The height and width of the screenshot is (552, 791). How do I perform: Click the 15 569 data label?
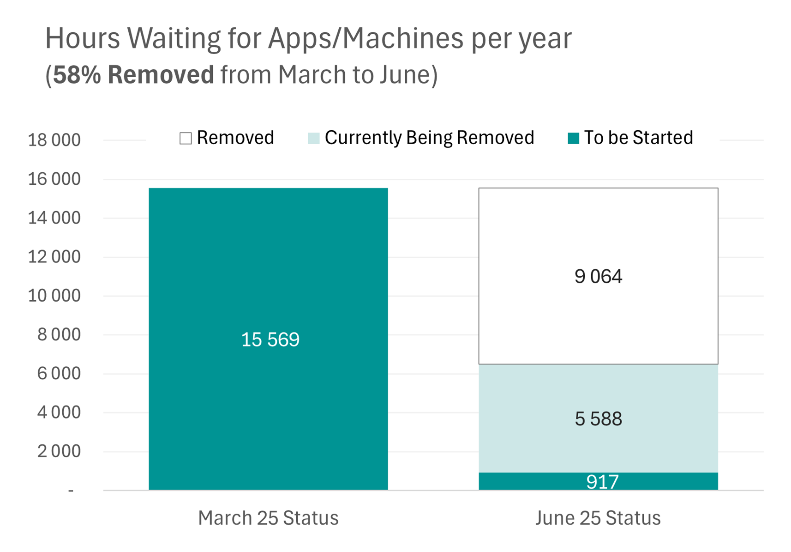pyautogui.click(x=270, y=340)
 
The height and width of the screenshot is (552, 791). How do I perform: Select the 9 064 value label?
pyautogui.click(x=598, y=276)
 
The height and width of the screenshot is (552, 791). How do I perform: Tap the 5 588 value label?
pyautogui.click(x=598, y=419)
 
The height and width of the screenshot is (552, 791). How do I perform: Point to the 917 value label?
pyautogui.click(x=602, y=482)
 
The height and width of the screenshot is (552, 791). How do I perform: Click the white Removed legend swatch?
pyautogui.click(x=186, y=138)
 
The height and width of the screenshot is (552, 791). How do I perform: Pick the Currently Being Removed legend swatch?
pyautogui.click(x=313, y=138)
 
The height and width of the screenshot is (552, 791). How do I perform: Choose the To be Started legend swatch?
pyautogui.click(x=574, y=138)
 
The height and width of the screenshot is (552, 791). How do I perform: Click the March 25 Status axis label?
pyautogui.click(x=269, y=518)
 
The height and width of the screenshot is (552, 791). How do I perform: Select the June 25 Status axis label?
pyautogui.click(x=598, y=518)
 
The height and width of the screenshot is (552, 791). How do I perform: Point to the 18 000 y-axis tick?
pyautogui.click(x=54, y=140)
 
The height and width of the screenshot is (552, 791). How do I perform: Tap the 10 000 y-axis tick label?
pyautogui.click(x=54, y=296)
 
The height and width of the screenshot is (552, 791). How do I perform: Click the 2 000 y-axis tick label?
pyautogui.click(x=59, y=451)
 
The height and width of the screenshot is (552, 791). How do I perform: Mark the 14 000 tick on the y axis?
pyautogui.click(x=54, y=218)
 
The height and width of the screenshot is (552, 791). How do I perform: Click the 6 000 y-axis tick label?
pyautogui.click(x=59, y=374)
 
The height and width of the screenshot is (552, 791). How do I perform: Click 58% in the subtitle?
pyautogui.click(x=77, y=74)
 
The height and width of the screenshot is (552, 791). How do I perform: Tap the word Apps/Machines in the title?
pyautogui.click(x=366, y=39)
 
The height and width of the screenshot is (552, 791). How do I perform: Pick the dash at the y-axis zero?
pyautogui.click(x=71, y=491)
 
